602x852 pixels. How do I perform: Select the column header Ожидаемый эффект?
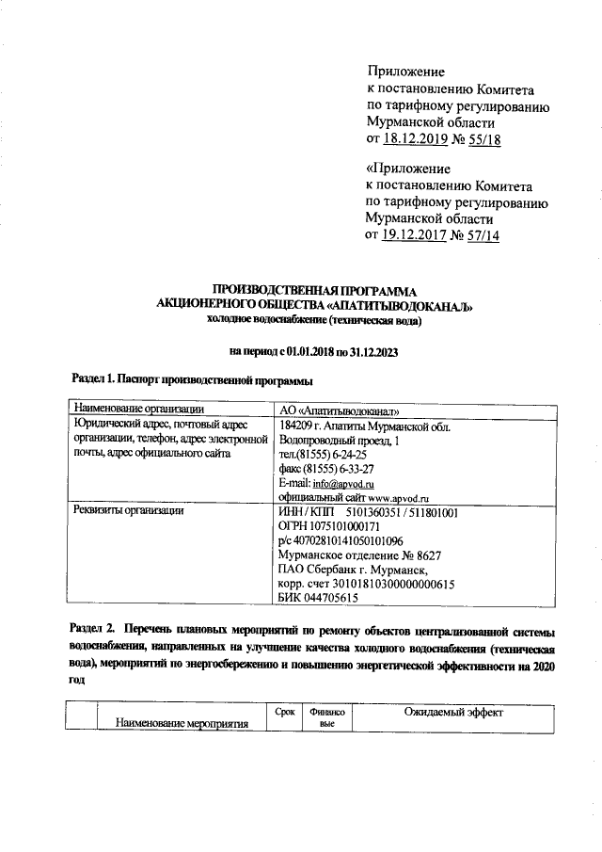[x=453, y=715]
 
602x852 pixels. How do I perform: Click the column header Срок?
[x=285, y=714]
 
